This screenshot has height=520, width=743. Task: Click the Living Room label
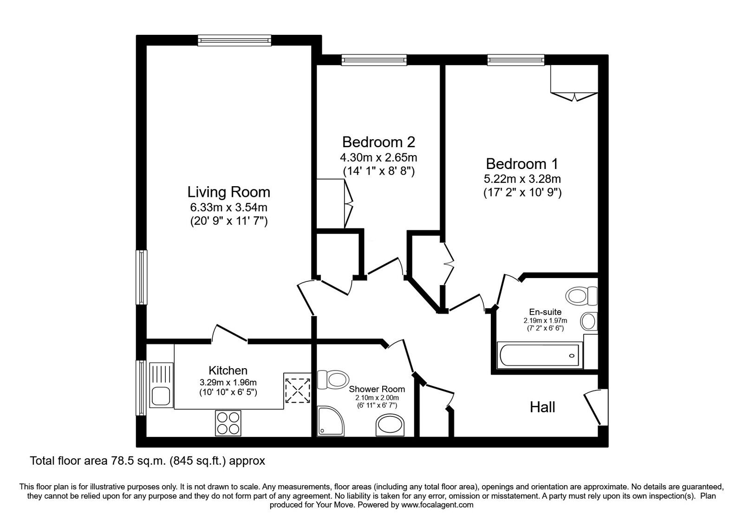click(x=228, y=192)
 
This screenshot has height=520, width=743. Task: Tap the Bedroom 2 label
click(x=378, y=142)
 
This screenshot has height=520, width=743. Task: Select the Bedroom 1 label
click(x=522, y=164)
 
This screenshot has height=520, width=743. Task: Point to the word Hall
click(x=542, y=407)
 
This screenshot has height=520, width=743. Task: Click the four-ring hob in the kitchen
click(x=228, y=422)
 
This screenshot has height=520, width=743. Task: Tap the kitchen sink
click(x=160, y=396)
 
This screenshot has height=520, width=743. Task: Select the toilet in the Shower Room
click(x=332, y=379)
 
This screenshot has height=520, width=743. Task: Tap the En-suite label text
click(x=545, y=312)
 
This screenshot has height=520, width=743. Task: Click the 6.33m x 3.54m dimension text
click(x=228, y=208)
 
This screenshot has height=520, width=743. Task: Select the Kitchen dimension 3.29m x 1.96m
click(x=228, y=383)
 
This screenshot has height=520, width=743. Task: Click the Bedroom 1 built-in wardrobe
click(x=574, y=81)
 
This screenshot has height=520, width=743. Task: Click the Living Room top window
click(x=234, y=40)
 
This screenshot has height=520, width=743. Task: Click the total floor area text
click(x=147, y=461)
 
